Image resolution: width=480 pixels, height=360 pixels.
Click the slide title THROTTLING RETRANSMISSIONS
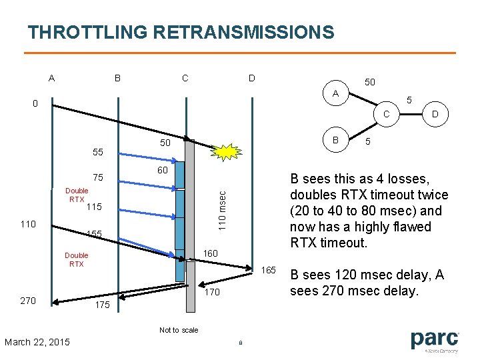pos(181,32)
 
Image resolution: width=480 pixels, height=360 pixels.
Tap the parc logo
pos(435,341)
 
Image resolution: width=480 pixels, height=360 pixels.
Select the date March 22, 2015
pos(37,342)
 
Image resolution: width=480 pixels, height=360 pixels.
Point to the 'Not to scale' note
pos(179,330)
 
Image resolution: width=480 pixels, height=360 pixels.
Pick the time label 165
pos(269,270)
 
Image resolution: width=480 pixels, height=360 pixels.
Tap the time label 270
pos(28,301)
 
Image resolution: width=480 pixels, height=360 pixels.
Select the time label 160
pos(211,253)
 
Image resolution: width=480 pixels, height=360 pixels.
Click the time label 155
pos(94,234)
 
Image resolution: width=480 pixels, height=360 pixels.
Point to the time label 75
pos(97,178)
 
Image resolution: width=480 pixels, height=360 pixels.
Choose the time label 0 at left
pos(35,103)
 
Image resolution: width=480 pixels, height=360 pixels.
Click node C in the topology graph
pos(386,114)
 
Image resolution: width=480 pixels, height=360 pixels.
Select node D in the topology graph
pos(435,114)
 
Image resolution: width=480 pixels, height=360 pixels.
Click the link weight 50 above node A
pos(369,82)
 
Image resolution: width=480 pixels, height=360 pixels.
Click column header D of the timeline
pos(251,79)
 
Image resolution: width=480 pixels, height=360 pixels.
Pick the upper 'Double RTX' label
pos(76,195)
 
